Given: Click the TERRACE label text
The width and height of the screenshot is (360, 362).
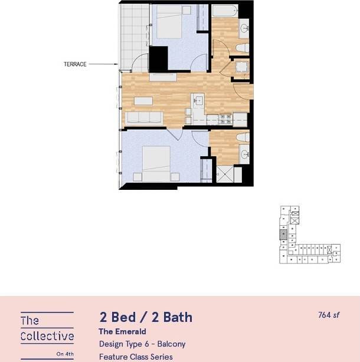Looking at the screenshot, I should pyautogui.click(x=75, y=64).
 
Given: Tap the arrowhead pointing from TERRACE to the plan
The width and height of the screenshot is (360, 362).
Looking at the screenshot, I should pyautogui.click(x=116, y=64).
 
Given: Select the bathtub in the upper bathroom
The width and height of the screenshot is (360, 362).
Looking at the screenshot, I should pyautogui.click(x=224, y=11).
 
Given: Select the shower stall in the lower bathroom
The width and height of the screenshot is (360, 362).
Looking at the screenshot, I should pyautogui.click(x=228, y=175).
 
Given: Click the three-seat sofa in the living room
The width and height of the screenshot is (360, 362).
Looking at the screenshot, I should pyautogui.click(x=145, y=118).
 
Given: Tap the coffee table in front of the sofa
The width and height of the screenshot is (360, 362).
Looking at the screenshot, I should pyautogui.click(x=143, y=101).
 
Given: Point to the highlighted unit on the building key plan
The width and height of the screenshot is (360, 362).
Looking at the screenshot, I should pyautogui.click(x=283, y=235).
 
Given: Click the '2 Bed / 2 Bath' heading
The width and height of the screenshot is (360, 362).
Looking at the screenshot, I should pyautogui.click(x=145, y=317).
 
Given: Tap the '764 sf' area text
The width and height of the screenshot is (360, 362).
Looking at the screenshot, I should pyautogui.click(x=329, y=315).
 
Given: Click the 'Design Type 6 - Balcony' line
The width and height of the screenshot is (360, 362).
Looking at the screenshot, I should pyautogui.click(x=142, y=344).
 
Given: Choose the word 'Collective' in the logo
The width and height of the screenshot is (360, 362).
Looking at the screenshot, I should pyautogui.click(x=47, y=337).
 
